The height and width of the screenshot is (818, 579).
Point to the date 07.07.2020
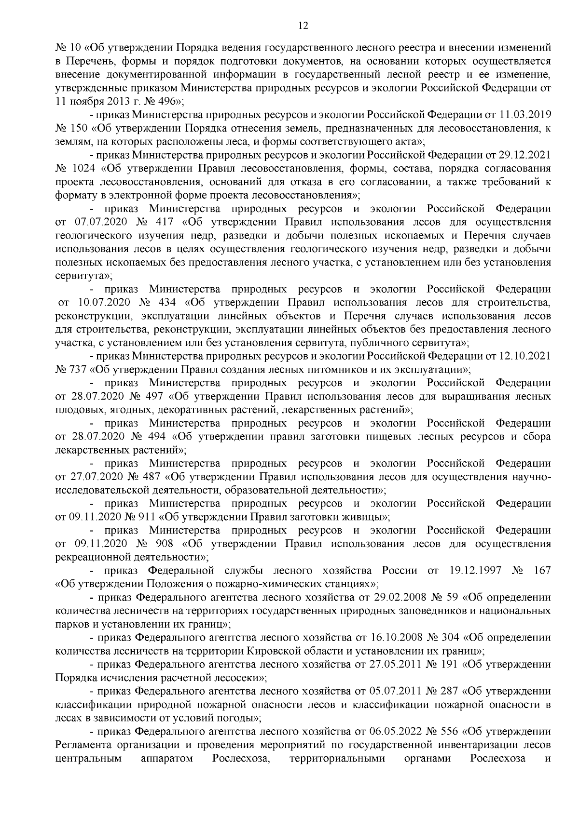100,222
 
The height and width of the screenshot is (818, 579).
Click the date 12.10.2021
526,356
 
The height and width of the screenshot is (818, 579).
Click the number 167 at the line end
542,571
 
